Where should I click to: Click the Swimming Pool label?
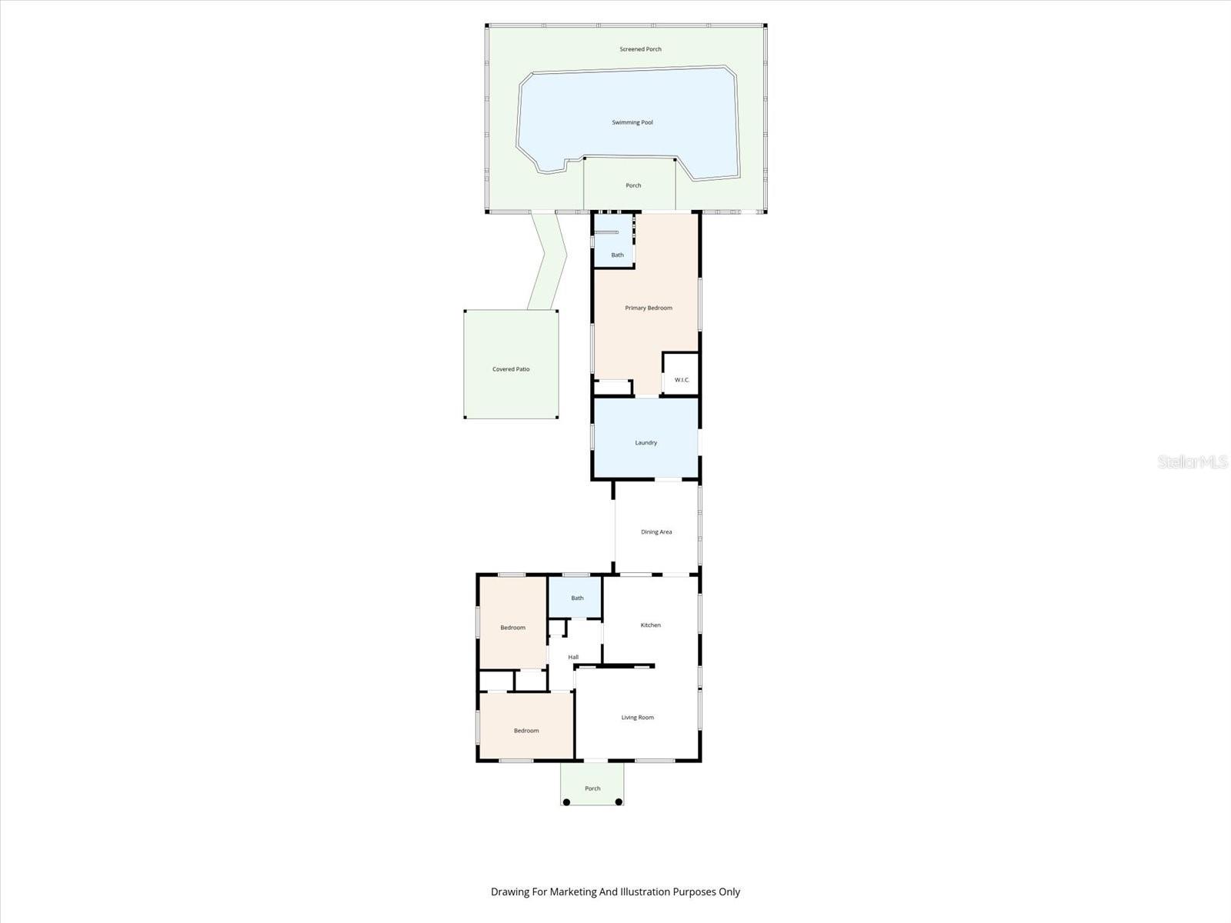pos(632,122)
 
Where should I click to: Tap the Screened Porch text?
pos(640,49)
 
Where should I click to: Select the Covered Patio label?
pos(511,369)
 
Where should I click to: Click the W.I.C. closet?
pos(682,379)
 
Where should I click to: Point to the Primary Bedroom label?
pos(649,308)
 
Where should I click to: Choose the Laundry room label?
pos(646,443)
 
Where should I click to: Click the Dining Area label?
pos(656,532)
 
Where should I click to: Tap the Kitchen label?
pos(650,625)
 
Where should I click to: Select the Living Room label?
pos(637,718)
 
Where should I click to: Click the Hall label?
pos(573,657)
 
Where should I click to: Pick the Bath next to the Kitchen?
pos(577,598)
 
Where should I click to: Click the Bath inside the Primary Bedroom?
pos(617,255)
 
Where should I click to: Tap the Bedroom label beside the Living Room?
pos(526,731)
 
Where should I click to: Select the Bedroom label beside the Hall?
pos(512,628)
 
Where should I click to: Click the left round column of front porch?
pos(566,802)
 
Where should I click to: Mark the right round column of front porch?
pos(619,802)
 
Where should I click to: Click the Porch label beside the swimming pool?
pos(633,185)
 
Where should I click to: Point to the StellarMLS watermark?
pos(1193,462)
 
